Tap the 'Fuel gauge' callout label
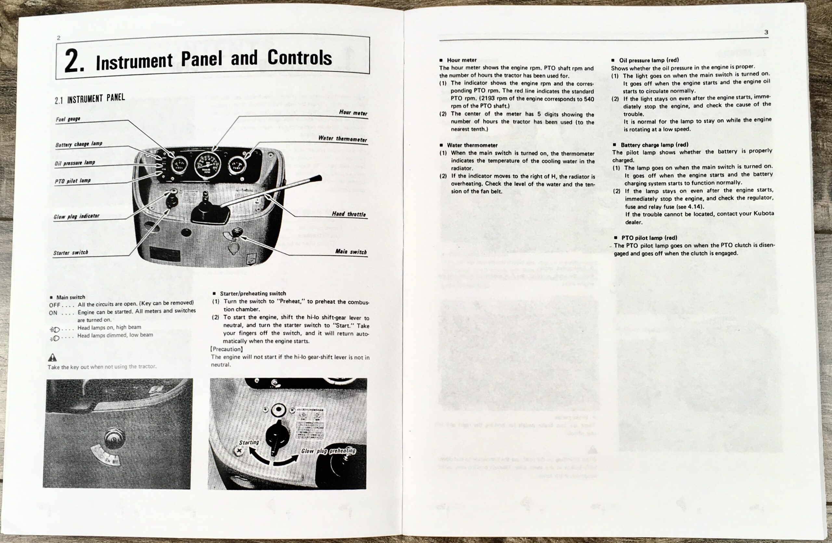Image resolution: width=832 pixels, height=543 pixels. point(68,119)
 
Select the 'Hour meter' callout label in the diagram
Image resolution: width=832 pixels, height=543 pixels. point(353,113)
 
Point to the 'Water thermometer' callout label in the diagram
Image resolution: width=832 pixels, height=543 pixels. point(342,139)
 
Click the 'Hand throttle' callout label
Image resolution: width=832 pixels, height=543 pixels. point(348,214)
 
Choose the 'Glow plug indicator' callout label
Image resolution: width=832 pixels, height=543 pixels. point(76,216)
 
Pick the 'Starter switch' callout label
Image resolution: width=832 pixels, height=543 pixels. point(71,252)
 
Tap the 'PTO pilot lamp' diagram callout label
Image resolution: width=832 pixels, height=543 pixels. point(72,181)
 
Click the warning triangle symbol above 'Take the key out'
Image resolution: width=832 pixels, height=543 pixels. point(52,357)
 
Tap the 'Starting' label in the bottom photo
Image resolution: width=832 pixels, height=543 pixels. point(249,442)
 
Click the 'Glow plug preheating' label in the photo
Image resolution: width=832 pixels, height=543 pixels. point(328,451)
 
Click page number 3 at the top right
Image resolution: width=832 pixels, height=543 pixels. point(766,32)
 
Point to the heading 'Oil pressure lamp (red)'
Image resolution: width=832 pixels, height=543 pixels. point(649,60)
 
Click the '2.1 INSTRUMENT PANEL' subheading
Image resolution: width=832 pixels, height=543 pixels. point(90,99)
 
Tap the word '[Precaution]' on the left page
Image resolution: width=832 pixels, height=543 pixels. point(227,349)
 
